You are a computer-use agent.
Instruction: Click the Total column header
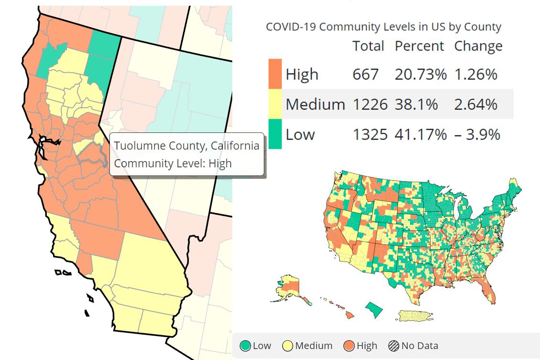tap(368, 46)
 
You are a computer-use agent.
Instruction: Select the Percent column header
tap(419, 46)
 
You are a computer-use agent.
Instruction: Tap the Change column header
tap(478, 46)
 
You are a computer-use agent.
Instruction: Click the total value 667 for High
tap(366, 75)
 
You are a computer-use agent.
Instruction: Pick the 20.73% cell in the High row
tap(421, 75)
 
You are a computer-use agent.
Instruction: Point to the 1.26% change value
tap(475, 75)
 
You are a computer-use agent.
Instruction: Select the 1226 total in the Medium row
tap(370, 104)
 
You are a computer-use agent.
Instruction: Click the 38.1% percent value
tap(416, 104)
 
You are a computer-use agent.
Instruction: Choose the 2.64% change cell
tap(475, 104)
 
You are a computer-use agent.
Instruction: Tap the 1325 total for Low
tap(370, 134)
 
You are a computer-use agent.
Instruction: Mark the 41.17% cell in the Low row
tap(421, 134)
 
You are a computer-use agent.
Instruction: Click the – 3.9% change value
tap(477, 134)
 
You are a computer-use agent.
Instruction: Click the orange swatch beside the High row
tap(275, 74)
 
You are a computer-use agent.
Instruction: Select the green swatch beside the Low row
tap(275, 134)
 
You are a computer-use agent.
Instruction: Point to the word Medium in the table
tap(315, 104)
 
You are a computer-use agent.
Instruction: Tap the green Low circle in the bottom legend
tap(246, 346)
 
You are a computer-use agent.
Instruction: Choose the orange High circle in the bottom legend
tap(349, 346)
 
